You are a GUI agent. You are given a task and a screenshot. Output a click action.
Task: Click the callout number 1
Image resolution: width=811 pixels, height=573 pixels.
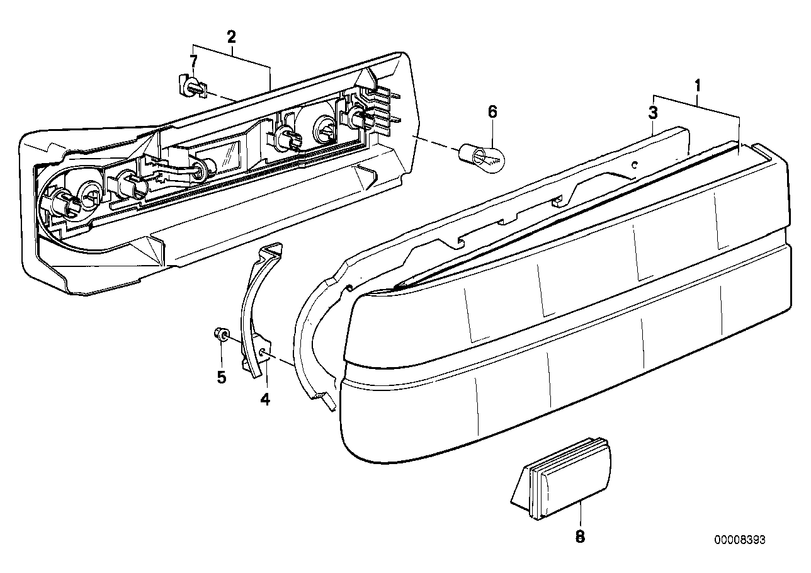pyautogui.click(x=697, y=83)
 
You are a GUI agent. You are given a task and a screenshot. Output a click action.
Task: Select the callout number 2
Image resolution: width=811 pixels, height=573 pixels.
pyautogui.click(x=231, y=37)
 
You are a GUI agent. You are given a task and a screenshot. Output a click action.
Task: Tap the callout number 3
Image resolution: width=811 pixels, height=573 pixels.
pyautogui.click(x=653, y=113)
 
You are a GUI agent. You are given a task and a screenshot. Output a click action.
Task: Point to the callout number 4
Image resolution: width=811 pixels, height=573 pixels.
pyautogui.click(x=265, y=399)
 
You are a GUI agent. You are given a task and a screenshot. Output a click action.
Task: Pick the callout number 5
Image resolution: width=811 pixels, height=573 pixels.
pyautogui.click(x=221, y=377)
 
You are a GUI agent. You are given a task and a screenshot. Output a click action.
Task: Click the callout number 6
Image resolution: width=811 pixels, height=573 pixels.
pyautogui.click(x=492, y=112)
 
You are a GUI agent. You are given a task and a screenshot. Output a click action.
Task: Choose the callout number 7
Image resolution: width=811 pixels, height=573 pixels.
pyautogui.click(x=193, y=61)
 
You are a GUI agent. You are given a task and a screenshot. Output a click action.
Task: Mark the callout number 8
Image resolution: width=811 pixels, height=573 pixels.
pyautogui.click(x=580, y=536)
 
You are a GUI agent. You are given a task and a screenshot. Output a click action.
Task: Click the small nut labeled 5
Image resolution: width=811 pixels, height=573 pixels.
pyautogui.click(x=222, y=335)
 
